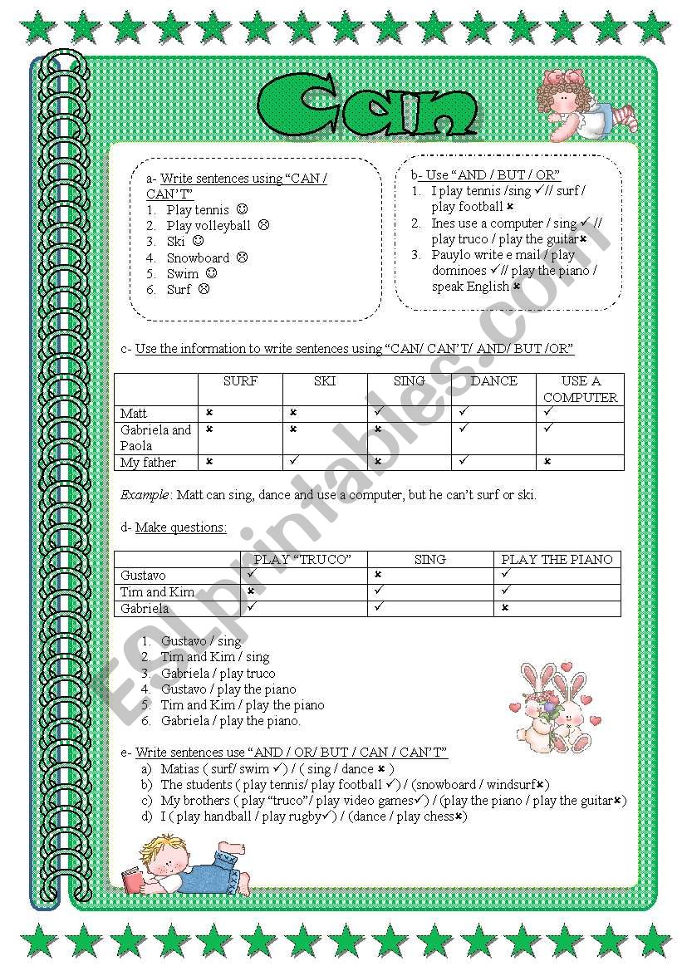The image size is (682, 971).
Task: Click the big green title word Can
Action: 368,106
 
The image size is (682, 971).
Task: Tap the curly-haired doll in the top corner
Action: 582,105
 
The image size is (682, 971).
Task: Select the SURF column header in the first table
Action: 240,381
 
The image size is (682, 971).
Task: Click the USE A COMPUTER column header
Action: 580,389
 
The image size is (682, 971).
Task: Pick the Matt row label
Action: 133,413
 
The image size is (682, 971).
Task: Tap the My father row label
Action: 148,462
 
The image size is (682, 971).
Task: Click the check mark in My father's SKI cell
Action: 294,460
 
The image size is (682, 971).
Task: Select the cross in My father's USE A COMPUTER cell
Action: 547,461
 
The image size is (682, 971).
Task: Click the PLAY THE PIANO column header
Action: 557,559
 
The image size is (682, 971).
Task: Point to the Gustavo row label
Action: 143,575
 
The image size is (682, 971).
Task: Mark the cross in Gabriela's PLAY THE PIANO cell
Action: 504,608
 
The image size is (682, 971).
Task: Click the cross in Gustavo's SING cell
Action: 378,575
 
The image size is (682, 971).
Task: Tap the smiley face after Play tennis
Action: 243,210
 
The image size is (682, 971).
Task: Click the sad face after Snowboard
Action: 243,257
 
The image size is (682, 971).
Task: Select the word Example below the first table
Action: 145,495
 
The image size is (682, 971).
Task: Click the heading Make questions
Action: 180,527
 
